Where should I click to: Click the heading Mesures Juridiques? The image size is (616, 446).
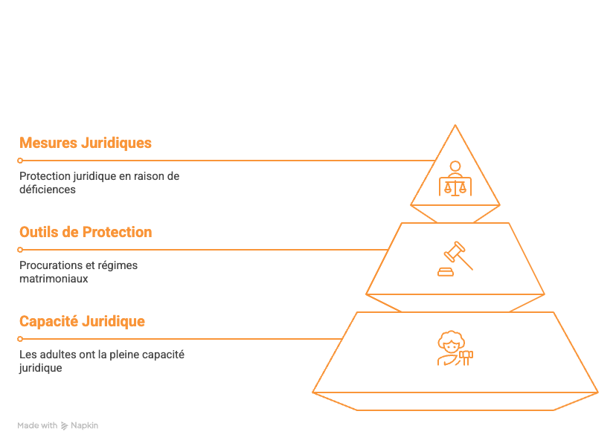click(x=86, y=143)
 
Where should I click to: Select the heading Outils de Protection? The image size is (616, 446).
click(x=86, y=232)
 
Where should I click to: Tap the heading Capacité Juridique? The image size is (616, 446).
click(x=82, y=321)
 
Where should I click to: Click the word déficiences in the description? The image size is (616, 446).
click(x=48, y=190)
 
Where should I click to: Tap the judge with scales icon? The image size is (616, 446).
click(x=455, y=178)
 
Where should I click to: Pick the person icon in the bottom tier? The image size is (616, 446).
click(x=455, y=348)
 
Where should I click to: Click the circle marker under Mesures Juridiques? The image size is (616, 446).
click(x=20, y=161)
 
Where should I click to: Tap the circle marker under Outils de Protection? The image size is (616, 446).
click(x=20, y=250)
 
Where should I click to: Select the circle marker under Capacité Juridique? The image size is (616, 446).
click(x=20, y=339)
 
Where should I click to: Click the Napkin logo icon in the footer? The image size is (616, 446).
click(x=64, y=426)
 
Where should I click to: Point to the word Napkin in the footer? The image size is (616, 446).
click(x=85, y=426)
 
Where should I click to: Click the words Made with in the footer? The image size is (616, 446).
click(x=37, y=426)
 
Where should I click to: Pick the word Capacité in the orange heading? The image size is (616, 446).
click(x=48, y=321)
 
